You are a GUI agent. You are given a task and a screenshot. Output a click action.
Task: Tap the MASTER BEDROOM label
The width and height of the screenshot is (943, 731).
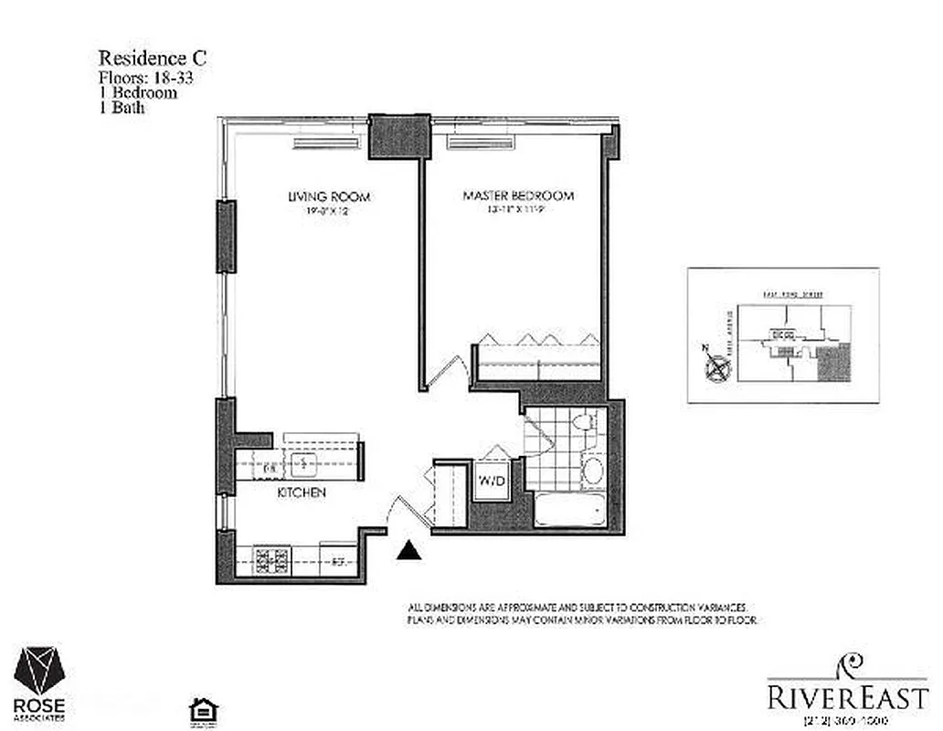(x=518, y=196)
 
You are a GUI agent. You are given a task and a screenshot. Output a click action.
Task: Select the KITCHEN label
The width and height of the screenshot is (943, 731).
(x=302, y=493)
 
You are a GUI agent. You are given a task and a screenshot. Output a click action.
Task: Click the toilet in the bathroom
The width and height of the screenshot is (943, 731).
(x=584, y=423)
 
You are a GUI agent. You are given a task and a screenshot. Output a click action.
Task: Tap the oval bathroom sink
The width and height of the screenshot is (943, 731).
(x=592, y=472)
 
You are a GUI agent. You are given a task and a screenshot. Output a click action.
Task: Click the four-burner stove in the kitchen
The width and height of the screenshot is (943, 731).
(x=271, y=558)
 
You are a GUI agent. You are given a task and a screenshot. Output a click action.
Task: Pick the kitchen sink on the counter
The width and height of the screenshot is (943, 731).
(x=303, y=465)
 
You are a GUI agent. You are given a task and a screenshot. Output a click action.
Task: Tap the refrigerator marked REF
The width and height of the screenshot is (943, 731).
(x=337, y=561)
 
